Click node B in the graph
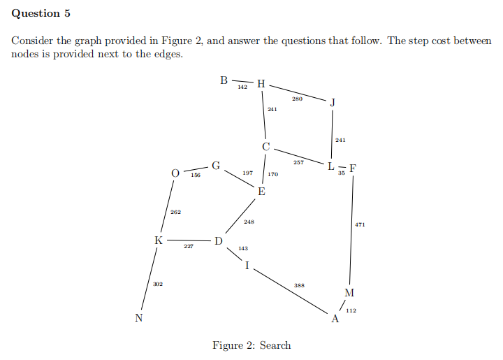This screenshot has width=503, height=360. (x=224, y=80)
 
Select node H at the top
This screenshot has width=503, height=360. (x=261, y=85)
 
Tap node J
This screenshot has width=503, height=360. (x=333, y=103)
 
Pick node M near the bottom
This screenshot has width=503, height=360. (x=350, y=291)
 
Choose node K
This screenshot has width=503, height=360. (x=159, y=240)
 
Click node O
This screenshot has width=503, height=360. (x=175, y=172)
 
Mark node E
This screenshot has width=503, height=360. (x=261, y=192)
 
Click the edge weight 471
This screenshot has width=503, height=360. (x=360, y=225)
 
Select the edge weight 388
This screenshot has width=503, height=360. (x=299, y=285)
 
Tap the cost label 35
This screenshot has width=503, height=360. (x=341, y=173)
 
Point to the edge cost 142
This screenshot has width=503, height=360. (x=242, y=87)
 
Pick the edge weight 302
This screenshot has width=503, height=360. (x=158, y=284)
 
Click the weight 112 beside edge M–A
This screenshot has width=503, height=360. (x=351, y=310)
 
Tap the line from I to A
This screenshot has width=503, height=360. (x=290, y=289)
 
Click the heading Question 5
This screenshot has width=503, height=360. (x=41, y=13)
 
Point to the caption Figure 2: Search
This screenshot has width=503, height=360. (x=251, y=345)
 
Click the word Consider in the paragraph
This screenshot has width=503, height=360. (x=31, y=41)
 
